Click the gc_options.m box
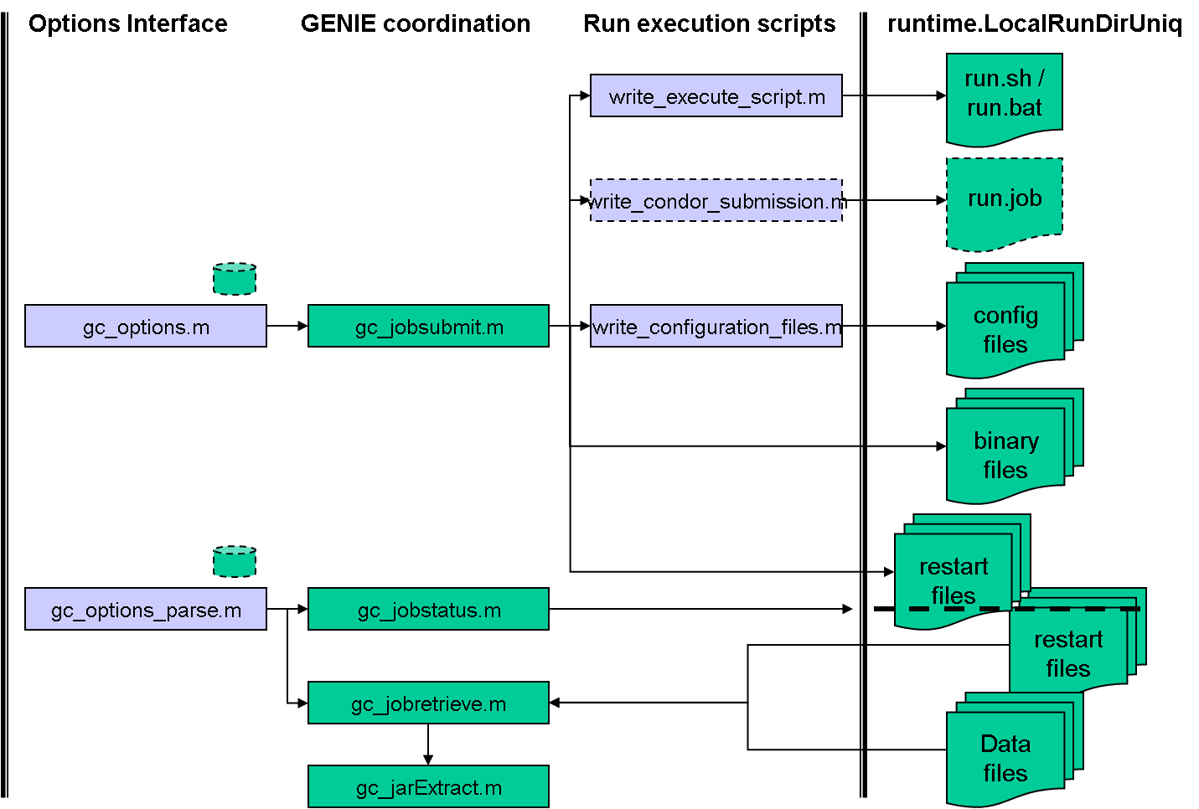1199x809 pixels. pos(146,326)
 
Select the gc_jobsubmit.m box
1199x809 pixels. pos(428,326)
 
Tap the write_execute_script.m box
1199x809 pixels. pos(716,95)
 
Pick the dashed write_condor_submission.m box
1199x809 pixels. pos(716,200)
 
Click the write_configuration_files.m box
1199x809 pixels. pos(716,326)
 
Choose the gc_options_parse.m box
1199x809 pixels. pos(146,609)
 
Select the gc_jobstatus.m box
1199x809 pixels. pos(428,609)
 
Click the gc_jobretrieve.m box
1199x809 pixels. pos(428,703)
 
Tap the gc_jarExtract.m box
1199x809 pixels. pos(428,786)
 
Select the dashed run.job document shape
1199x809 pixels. pos(1004,201)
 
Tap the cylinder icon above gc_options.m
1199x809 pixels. pos(235,279)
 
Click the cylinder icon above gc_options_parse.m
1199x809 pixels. pos(235,562)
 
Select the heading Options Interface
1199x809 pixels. pos(128,23)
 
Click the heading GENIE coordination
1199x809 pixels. pos(416,23)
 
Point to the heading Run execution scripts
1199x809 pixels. pos(709,23)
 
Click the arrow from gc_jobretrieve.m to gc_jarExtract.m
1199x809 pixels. pos(428,744)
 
